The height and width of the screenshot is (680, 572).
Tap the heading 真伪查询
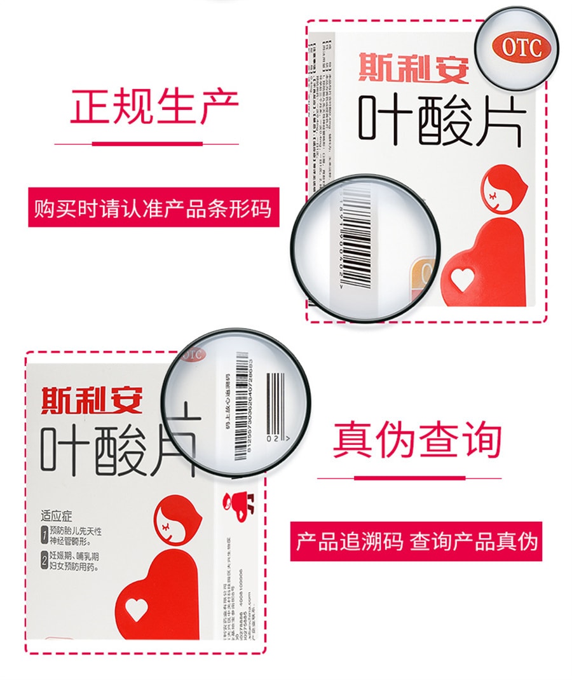(417, 440)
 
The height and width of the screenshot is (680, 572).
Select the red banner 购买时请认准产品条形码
(153, 208)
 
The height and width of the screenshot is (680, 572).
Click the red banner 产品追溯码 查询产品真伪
(416, 541)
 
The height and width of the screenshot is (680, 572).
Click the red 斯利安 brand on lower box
(92, 400)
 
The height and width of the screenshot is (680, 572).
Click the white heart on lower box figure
(137, 608)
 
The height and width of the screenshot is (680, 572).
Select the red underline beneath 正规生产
(147, 144)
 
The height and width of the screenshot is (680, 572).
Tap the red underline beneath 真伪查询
(409, 477)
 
